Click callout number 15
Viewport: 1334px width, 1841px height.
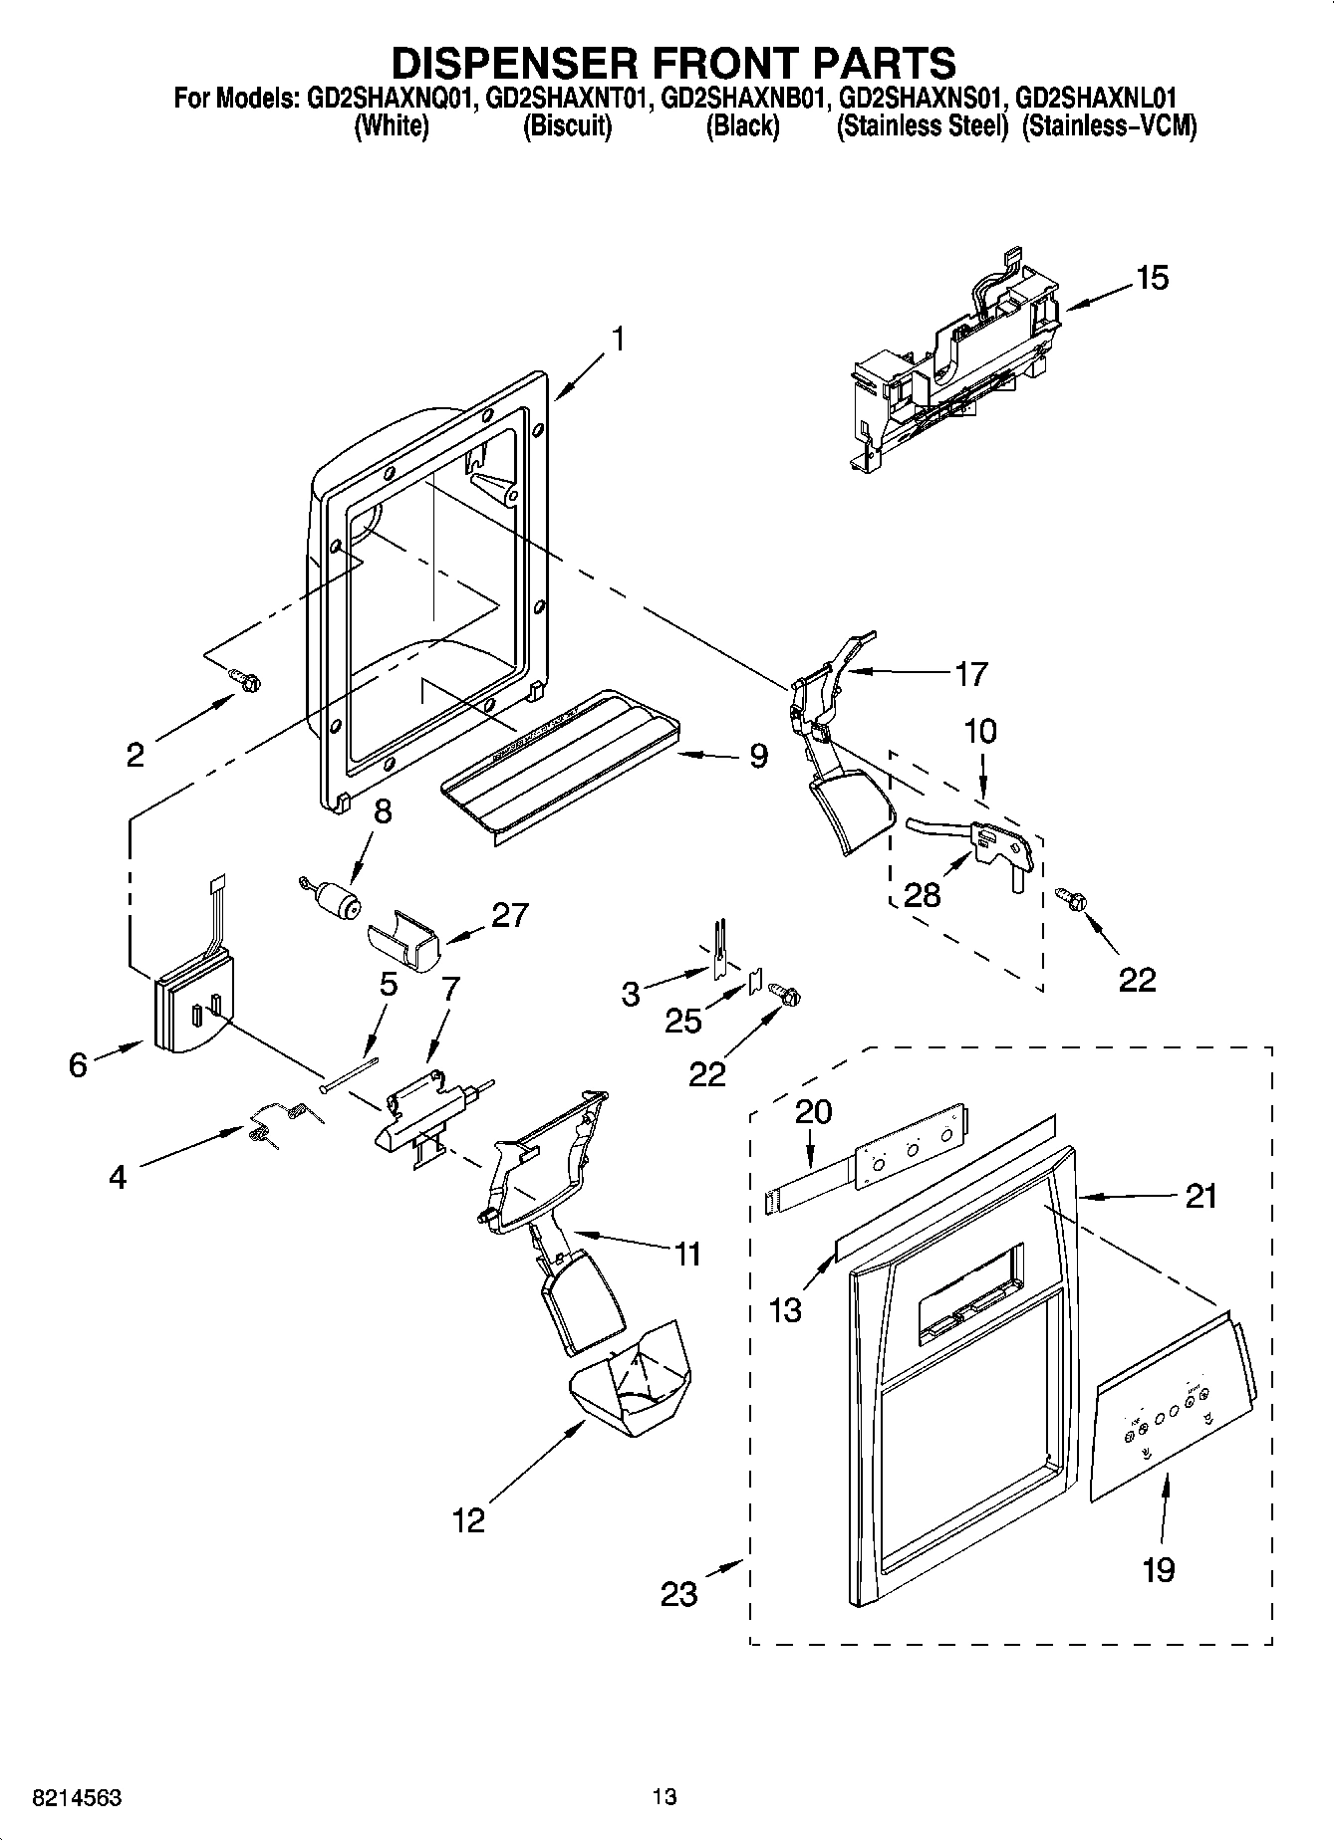tap(1152, 278)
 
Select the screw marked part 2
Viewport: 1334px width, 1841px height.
tap(246, 680)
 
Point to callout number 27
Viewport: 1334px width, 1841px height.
tap(509, 915)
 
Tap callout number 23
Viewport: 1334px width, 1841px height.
tap(679, 1593)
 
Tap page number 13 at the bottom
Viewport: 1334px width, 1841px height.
tap(665, 1797)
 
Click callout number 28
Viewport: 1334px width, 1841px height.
tap(923, 894)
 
